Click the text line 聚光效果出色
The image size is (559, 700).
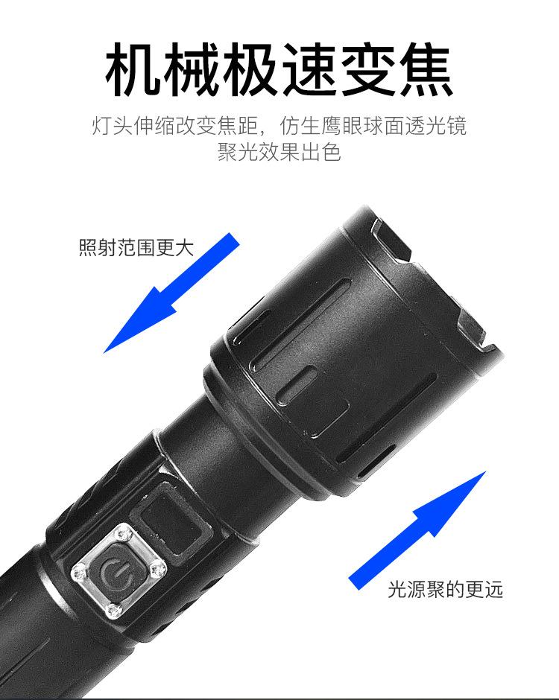point(279,153)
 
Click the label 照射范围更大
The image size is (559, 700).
point(136,247)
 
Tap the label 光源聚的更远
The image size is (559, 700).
point(446,590)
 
